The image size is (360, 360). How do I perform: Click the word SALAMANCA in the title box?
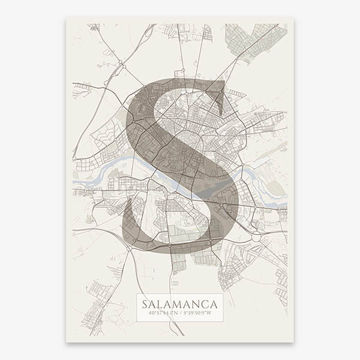179,304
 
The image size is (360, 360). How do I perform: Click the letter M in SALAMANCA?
179,304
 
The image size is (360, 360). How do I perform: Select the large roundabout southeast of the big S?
257,237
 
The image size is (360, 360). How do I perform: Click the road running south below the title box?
178,330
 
